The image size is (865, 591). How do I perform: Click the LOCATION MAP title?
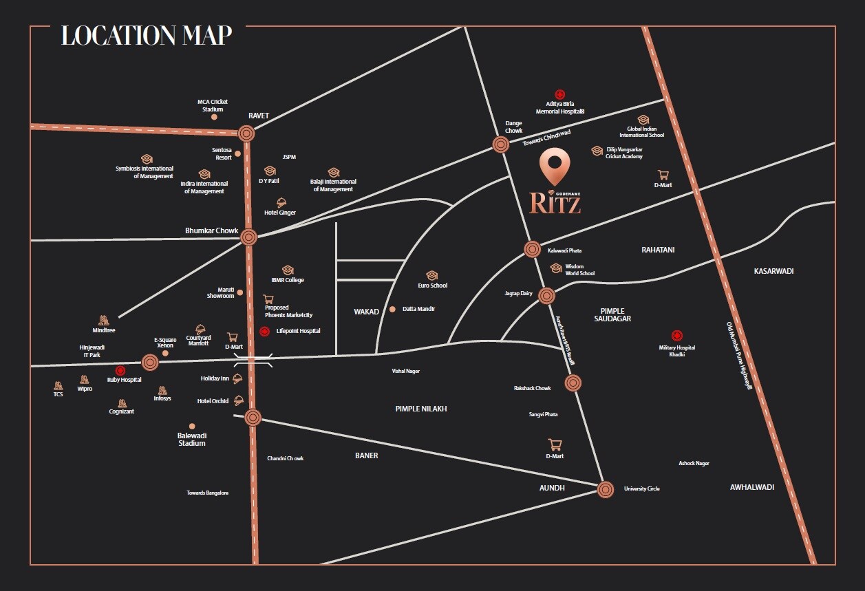[x=147, y=35]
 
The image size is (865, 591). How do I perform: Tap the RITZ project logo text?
[x=555, y=202]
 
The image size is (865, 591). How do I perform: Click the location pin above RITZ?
[x=555, y=164]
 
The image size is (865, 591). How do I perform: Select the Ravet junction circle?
[x=247, y=134]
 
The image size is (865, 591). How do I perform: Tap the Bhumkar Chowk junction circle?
[x=249, y=238]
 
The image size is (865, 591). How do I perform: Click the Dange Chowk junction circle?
[x=500, y=144]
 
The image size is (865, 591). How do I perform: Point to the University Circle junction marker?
[x=606, y=489]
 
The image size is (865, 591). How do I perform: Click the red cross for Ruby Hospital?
[x=120, y=370]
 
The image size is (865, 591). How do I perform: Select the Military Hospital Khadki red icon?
[x=677, y=336]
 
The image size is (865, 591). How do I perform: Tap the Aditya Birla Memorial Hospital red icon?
[x=560, y=94]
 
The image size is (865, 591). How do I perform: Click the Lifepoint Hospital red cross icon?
[x=264, y=332]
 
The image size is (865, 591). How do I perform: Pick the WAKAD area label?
[x=366, y=312]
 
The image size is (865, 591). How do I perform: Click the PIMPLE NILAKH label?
[x=421, y=409]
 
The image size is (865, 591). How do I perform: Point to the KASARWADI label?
[x=773, y=271]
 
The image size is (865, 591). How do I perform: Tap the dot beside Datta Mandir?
[x=393, y=309]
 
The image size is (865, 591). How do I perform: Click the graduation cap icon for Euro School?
[x=432, y=275]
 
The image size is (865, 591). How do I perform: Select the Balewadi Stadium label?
[x=192, y=439]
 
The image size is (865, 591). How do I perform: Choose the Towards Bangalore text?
[x=207, y=493]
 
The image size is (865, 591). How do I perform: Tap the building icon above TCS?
[x=58, y=385]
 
